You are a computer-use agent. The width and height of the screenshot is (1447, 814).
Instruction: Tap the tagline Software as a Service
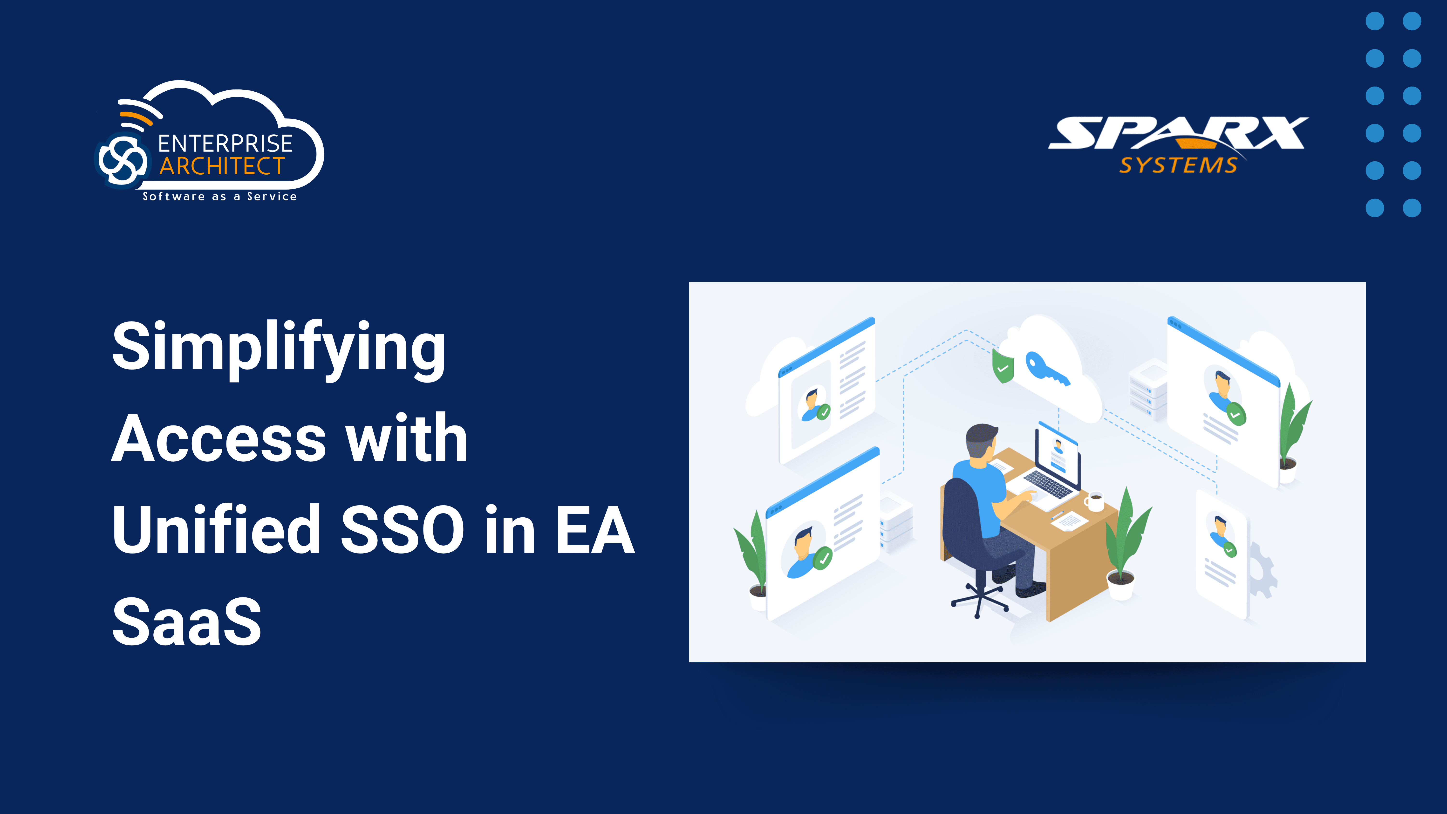(x=220, y=196)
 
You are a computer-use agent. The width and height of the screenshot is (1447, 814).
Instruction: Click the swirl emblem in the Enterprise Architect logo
(x=123, y=160)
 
